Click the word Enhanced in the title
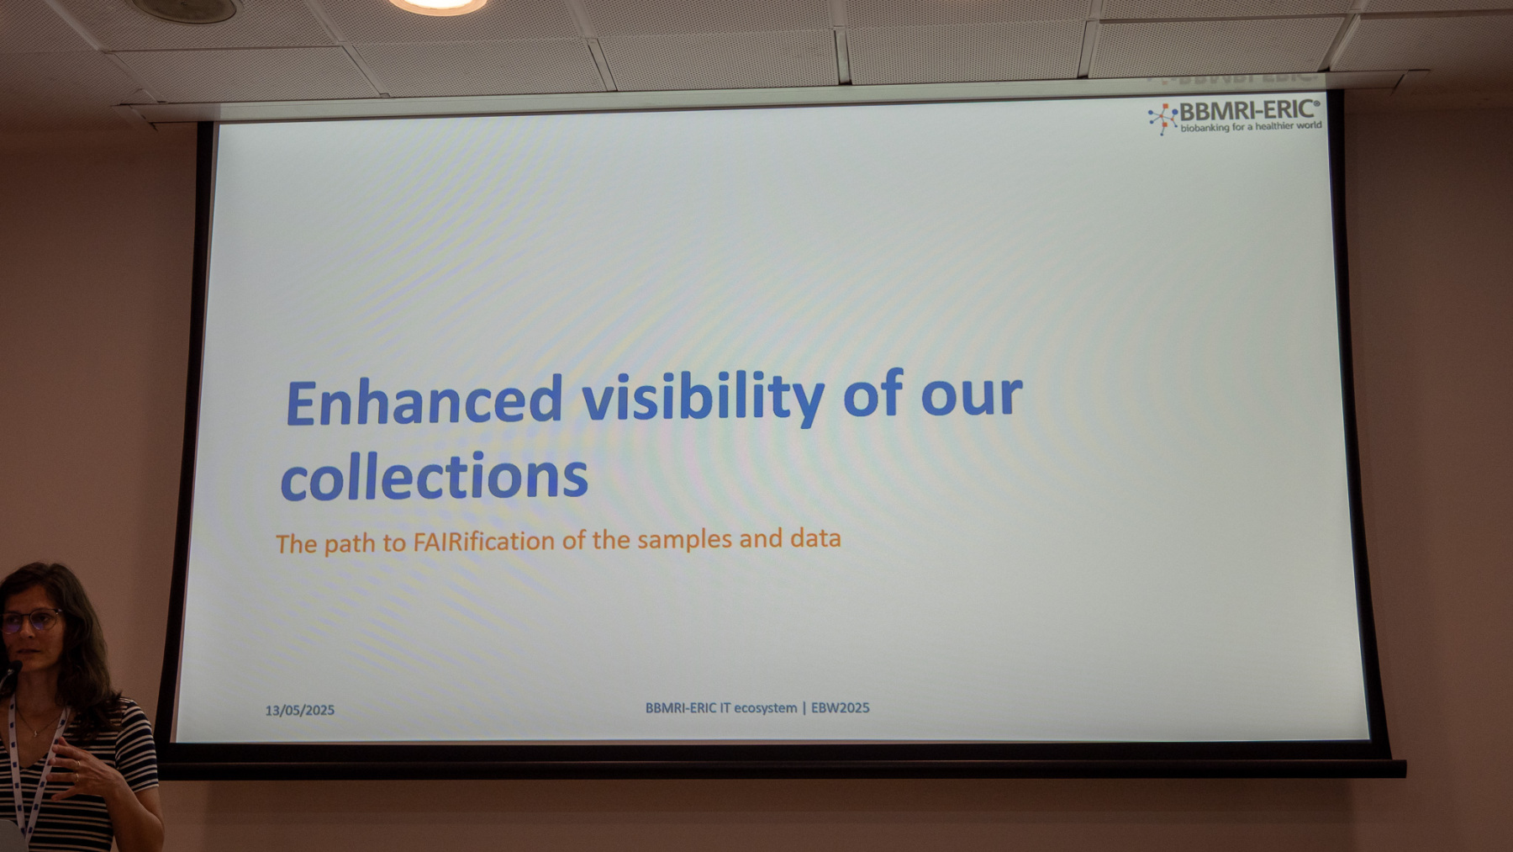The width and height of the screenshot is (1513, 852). click(424, 402)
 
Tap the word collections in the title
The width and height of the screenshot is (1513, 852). click(434, 476)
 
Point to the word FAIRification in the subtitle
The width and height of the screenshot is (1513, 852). click(483, 541)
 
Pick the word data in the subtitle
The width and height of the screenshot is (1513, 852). click(815, 537)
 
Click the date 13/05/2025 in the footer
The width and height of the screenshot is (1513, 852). click(300, 710)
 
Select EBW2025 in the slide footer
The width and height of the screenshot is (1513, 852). click(841, 707)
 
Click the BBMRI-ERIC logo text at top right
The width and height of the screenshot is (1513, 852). click(1249, 110)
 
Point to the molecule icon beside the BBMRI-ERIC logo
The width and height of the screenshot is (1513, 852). click(1162, 118)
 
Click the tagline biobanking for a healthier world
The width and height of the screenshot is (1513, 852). click(1251, 127)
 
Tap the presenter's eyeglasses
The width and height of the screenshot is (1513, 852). click(31, 622)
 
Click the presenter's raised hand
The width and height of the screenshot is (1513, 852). click(80, 769)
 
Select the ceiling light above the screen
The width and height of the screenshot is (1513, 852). click(437, 5)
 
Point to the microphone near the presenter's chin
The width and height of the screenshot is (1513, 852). click(12, 671)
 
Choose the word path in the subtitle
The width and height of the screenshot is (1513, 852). click(349, 544)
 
